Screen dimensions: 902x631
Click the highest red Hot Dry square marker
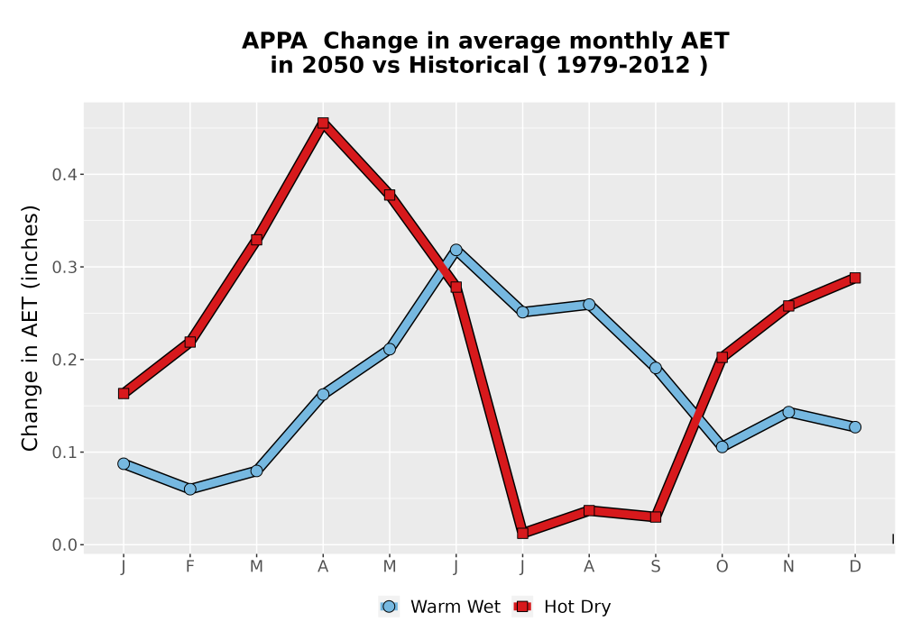point(323,123)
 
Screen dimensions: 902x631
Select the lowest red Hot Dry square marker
point(523,533)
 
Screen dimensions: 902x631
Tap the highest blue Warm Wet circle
point(456,250)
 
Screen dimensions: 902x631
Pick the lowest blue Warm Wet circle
point(189,489)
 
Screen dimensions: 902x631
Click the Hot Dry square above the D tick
point(855,279)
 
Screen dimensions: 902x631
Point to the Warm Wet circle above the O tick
point(722,446)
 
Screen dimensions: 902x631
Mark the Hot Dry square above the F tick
point(189,342)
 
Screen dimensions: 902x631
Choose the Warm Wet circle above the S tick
point(656,368)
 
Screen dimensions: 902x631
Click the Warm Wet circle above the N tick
point(788,411)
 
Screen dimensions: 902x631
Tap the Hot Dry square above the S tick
point(656,517)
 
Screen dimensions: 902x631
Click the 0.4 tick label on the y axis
point(64,175)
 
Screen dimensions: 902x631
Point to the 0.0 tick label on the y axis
point(64,544)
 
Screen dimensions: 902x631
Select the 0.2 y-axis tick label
point(64,360)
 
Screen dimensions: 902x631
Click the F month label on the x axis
point(189,567)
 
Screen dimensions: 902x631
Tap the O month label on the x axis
point(722,567)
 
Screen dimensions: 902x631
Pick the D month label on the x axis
point(855,567)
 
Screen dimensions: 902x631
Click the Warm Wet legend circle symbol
point(389,607)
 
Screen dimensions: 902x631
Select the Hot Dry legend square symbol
point(523,607)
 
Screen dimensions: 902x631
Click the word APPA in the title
point(274,41)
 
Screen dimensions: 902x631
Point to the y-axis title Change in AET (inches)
point(30,328)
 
